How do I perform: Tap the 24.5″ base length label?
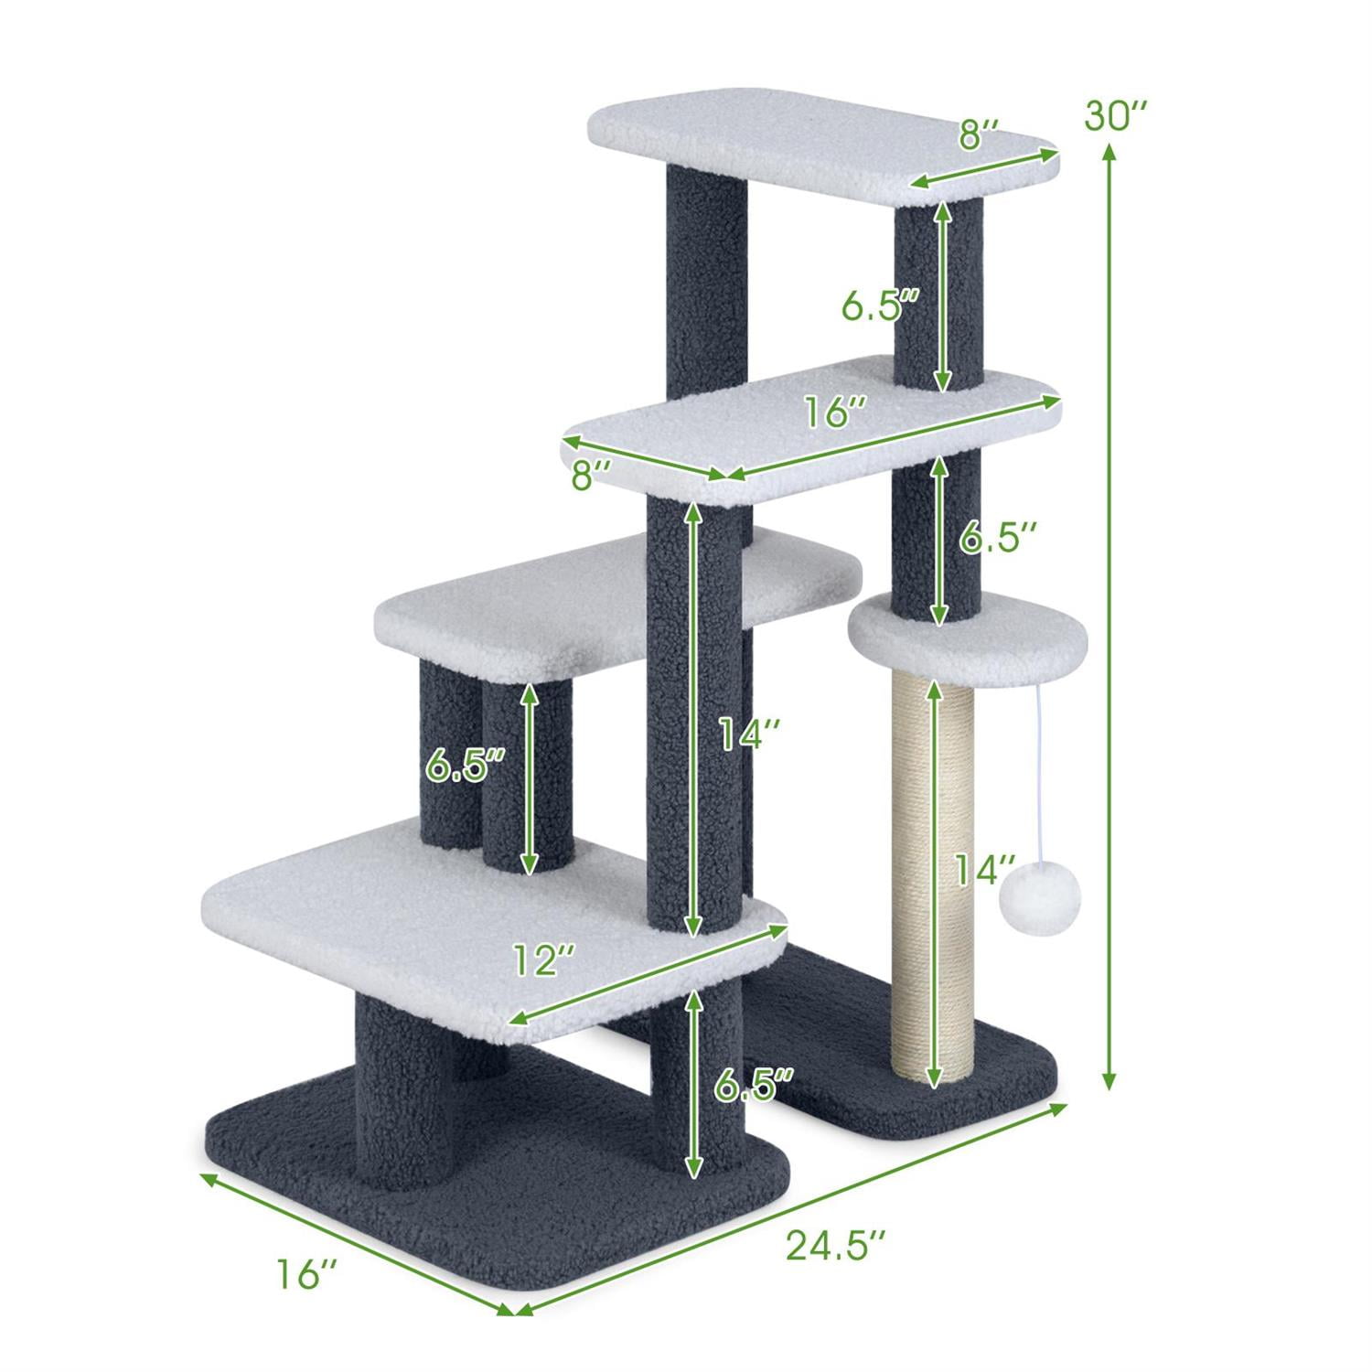(x=835, y=1246)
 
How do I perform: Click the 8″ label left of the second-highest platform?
(x=590, y=476)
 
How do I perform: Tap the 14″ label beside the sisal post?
(x=984, y=870)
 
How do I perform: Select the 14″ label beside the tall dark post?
(x=748, y=734)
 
